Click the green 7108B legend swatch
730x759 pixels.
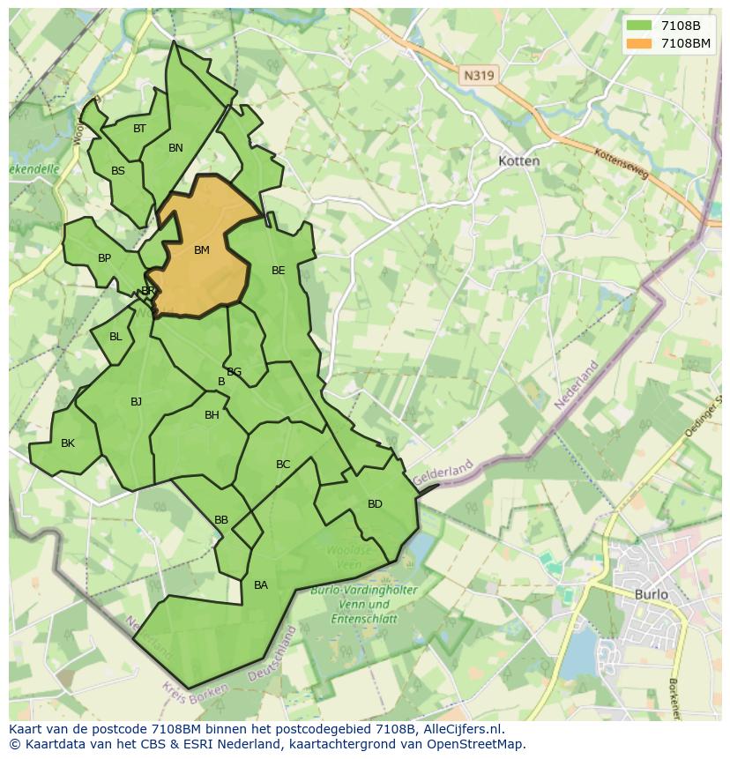click(640, 26)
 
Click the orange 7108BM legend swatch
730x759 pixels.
click(640, 42)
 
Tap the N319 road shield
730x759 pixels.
click(479, 76)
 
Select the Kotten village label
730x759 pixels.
click(518, 161)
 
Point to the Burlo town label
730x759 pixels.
click(652, 594)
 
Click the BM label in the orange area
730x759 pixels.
click(202, 250)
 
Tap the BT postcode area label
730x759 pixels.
click(139, 129)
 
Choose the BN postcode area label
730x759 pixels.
click(175, 148)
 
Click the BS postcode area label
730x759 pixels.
click(118, 171)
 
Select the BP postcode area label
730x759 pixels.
click(104, 258)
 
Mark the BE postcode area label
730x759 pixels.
click(279, 271)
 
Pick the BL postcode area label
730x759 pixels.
click(115, 337)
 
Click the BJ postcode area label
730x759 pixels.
click(136, 402)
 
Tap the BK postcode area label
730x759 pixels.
click(68, 443)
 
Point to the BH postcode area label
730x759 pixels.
click(212, 415)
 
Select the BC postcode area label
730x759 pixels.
click(283, 465)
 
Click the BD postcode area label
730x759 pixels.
click(375, 504)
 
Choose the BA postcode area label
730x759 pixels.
click(261, 585)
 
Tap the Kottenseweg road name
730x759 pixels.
click(622, 164)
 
